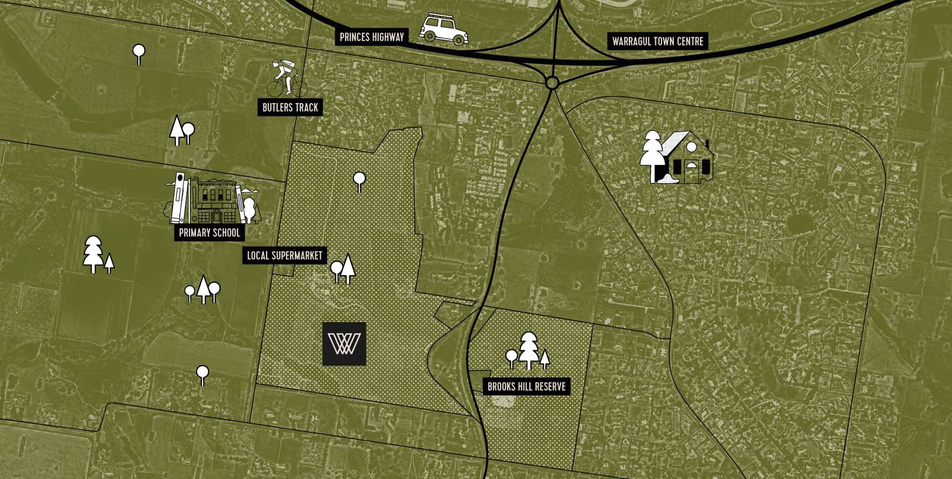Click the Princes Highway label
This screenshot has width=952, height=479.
372,37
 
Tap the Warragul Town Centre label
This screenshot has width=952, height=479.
658,42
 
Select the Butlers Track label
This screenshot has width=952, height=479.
290,108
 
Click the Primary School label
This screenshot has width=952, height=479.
209,233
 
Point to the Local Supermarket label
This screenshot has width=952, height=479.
284,256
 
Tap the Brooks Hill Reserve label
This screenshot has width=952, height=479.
526,387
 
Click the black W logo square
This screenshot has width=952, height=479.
344,344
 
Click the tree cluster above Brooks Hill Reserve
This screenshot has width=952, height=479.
528,351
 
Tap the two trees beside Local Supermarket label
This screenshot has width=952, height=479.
343,268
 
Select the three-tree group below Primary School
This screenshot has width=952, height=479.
202,289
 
